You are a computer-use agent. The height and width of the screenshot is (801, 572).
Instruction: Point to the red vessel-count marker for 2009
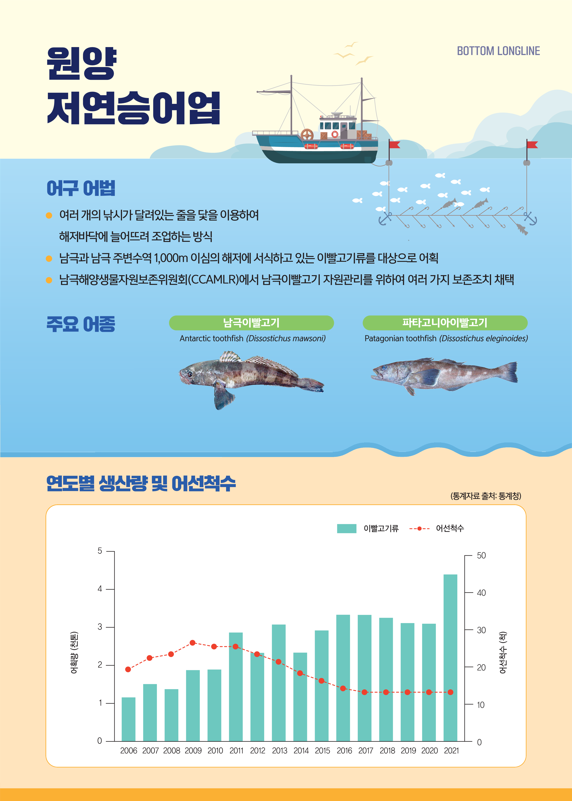[x=193, y=643]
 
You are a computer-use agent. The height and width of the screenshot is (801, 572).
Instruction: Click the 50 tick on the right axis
[x=481, y=556]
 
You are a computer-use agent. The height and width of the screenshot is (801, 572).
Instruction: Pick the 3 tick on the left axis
[x=100, y=627]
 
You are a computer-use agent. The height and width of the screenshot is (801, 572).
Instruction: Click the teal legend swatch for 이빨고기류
[x=347, y=528]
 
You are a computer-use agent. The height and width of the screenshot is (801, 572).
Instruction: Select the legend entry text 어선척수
[x=450, y=528]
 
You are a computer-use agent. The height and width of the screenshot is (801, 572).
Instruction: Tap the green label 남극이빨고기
[x=251, y=323]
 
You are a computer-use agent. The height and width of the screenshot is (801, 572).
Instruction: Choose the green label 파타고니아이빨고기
[x=445, y=323]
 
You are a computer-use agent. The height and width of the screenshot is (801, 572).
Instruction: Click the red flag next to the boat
[x=395, y=144]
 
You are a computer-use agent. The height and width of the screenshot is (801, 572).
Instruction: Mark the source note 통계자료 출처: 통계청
[x=486, y=496]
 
